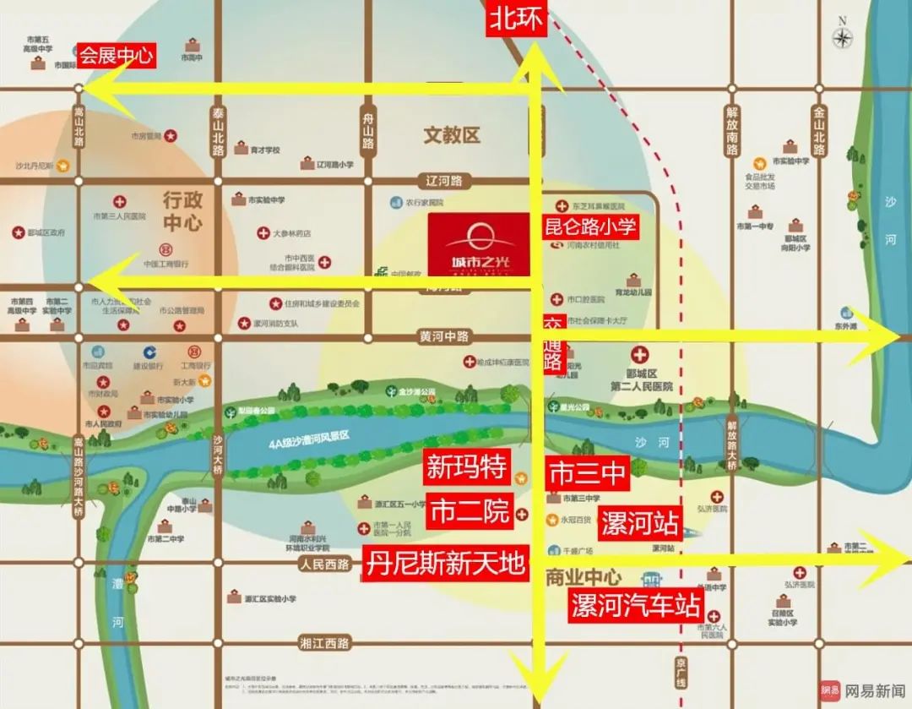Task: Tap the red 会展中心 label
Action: pyautogui.click(x=117, y=56)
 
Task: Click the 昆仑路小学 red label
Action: pyautogui.click(x=590, y=226)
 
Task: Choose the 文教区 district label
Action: pyautogui.click(x=452, y=134)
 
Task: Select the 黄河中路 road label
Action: pyautogui.click(x=443, y=336)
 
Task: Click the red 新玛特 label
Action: pyautogui.click(x=466, y=466)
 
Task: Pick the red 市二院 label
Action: pyautogui.click(x=470, y=511)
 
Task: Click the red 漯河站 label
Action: pyautogui.click(x=639, y=524)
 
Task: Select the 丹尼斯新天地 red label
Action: pyautogui.click(x=447, y=562)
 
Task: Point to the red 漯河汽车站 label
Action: pyautogui.click(x=635, y=605)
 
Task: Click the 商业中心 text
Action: pyautogui.click(x=584, y=578)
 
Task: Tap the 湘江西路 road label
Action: pyautogui.click(x=324, y=643)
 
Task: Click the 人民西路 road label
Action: pyautogui.click(x=324, y=564)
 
